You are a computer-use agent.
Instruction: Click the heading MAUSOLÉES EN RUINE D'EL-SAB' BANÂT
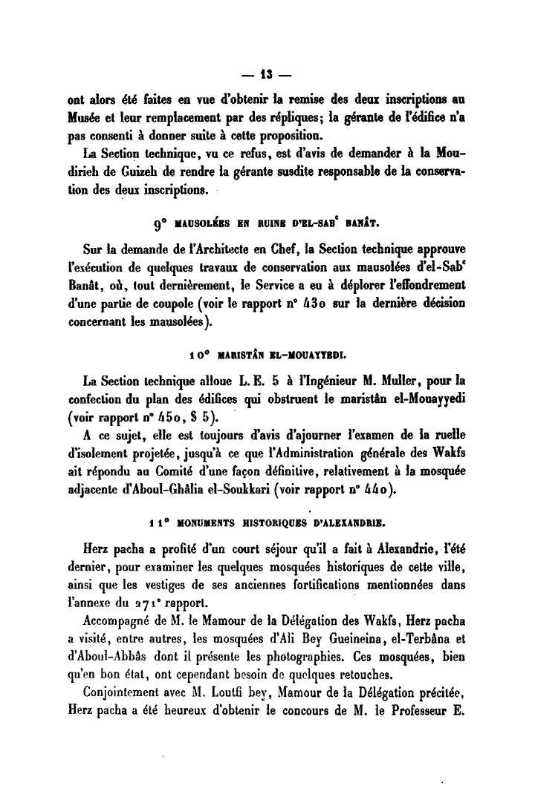pyautogui.click(x=267, y=220)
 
